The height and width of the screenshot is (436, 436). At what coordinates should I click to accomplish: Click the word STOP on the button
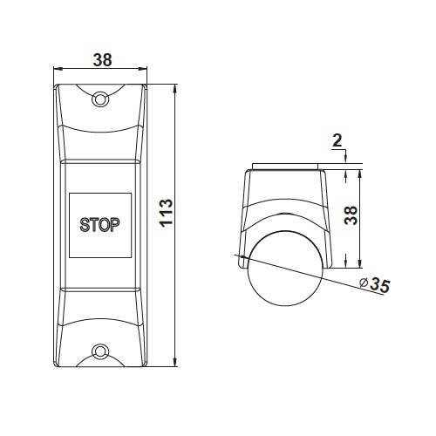(99, 225)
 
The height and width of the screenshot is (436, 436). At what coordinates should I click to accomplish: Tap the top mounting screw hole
(100, 99)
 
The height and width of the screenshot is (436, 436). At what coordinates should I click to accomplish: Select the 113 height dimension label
(166, 213)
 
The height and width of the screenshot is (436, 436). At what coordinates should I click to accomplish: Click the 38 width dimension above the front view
(102, 60)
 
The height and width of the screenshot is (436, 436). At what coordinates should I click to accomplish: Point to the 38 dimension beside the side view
(351, 215)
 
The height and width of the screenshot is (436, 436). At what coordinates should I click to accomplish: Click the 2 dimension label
(337, 140)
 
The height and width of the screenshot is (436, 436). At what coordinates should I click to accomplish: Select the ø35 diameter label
(375, 285)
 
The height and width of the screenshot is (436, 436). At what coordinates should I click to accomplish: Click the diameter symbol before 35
(364, 283)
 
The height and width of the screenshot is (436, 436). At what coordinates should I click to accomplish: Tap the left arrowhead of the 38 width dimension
(58, 69)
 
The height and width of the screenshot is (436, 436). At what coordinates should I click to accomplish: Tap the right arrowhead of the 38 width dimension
(142, 69)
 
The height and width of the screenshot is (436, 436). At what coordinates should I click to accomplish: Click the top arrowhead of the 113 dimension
(175, 89)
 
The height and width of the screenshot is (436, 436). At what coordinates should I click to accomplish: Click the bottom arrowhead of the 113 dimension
(175, 362)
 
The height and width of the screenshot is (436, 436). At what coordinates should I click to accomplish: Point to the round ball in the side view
(286, 269)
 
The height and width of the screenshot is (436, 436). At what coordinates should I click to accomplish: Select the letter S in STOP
(85, 225)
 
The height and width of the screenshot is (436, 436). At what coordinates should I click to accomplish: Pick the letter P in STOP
(115, 225)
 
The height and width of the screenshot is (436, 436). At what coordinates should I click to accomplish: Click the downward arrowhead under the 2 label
(346, 159)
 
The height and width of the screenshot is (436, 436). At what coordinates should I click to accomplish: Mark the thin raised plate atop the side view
(285, 167)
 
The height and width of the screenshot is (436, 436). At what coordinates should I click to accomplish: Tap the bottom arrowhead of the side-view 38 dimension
(360, 263)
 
